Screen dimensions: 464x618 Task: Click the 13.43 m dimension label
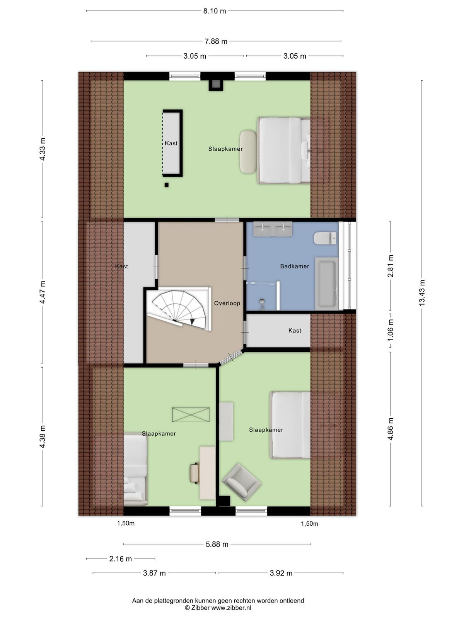pos(422,293)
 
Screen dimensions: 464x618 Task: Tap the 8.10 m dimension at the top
pos(215,11)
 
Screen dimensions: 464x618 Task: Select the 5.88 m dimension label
pos(217,544)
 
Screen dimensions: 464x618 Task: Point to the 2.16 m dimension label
pos(121,559)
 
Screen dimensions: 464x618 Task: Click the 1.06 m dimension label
pos(391,330)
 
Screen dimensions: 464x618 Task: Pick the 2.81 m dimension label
pos(391,266)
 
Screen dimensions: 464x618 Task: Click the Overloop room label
pos(227,303)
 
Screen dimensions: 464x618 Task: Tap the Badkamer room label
pos(294,266)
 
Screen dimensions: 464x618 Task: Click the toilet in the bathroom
pos(326,238)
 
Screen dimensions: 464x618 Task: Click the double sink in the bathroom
pos(273,229)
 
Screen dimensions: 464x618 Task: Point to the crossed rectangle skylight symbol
pos(191,415)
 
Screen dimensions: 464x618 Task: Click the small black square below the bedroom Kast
pos(167,185)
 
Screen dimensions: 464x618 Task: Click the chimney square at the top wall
pos(216,84)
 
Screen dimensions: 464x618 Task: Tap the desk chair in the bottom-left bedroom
pos(194,474)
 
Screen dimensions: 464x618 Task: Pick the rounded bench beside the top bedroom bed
pos(248,151)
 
